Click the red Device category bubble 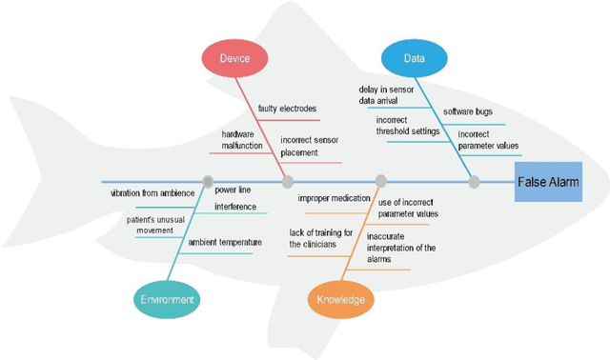tap(234, 58)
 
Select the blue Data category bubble tap(415, 58)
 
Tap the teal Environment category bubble tap(167, 300)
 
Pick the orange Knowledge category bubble tap(340, 300)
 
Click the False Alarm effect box tap(547, 182)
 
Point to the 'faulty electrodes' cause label tap(286, 108)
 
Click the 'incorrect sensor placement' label tap(309, 146)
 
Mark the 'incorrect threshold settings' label tap(408, 126)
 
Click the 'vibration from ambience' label tap(149, 193)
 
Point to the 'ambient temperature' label tap(224, 243)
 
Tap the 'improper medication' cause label tap(324, 198)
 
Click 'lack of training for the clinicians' tap(320, 238)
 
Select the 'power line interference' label tap(234, 198)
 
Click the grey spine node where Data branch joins tap(474, 181)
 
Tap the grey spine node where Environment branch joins tap(207, 181)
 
